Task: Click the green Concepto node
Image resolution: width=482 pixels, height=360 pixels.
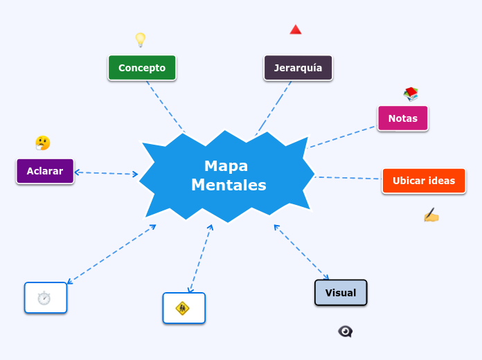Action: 142,68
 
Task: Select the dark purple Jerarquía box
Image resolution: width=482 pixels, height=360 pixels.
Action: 298,68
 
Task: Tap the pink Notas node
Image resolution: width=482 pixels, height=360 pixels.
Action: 402,118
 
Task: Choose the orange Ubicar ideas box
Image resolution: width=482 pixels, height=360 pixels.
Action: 423,181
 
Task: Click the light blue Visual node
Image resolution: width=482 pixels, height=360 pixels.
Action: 341,293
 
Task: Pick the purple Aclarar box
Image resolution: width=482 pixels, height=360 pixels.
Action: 45,171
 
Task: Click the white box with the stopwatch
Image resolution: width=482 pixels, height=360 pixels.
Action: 46,298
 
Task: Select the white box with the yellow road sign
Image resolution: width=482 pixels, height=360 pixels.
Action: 184,308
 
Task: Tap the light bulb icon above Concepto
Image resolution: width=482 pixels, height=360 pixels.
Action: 140,40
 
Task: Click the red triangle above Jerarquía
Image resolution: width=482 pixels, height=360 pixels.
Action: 296,30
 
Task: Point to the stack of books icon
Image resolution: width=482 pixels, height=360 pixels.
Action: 411,93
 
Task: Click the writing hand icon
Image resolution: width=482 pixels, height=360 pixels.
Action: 431,216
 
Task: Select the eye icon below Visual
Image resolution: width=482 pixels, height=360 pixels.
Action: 345,332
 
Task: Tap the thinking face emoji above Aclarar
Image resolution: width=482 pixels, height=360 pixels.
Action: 43,143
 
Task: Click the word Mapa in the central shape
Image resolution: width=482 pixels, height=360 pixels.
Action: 226,166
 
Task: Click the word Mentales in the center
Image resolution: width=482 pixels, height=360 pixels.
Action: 229,186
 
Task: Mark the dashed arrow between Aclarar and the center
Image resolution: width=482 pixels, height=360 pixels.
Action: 107,173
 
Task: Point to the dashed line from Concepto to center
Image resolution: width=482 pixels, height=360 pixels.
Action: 166,107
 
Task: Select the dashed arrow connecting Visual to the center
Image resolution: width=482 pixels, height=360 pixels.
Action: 301,252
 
